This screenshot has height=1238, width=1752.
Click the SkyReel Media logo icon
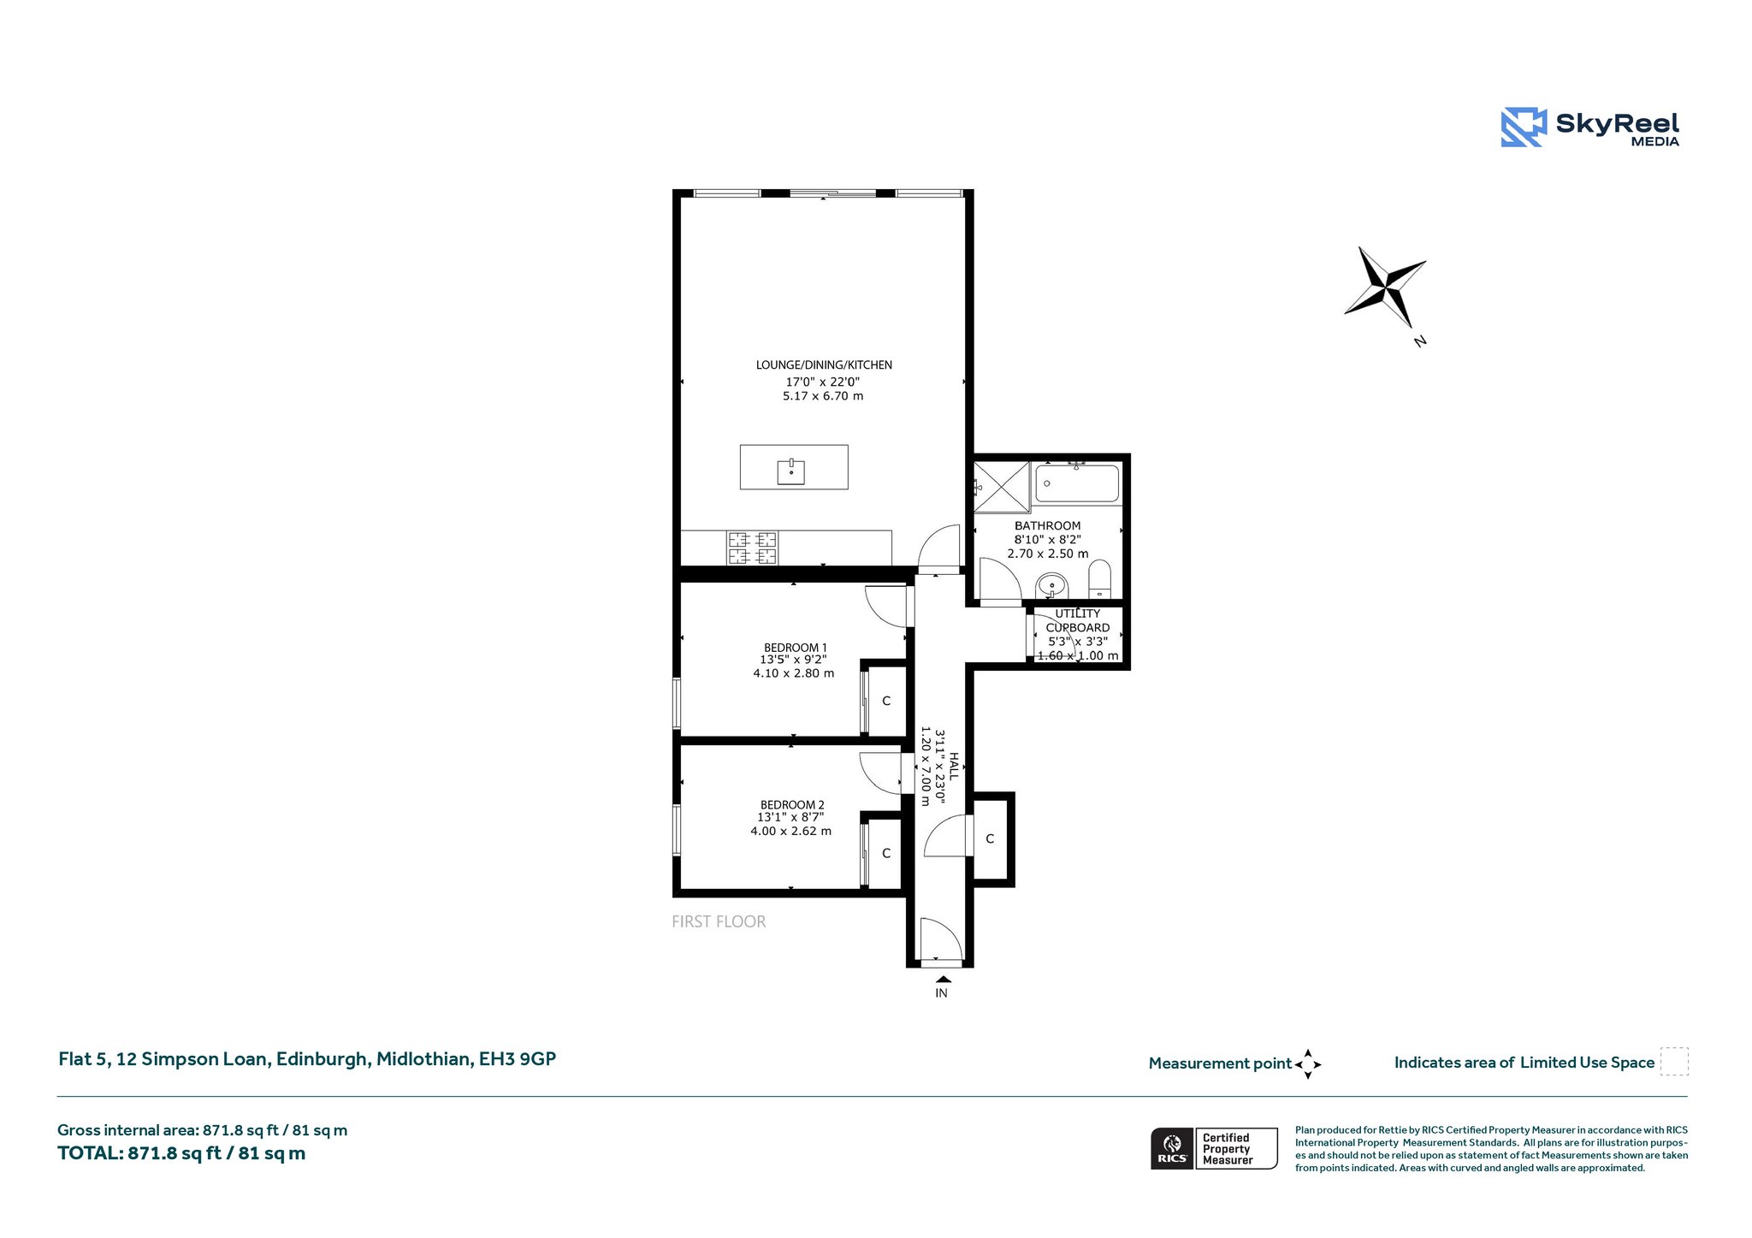pyautogui.click(x=1524, y=127)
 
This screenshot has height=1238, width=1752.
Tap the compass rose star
pyautogui.click(x=1386, y=286)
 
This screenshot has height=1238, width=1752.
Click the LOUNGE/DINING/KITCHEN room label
pyautogui.click(x=824, y=365)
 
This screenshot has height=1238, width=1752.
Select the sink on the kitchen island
pyautogui.click(x=791, y=471)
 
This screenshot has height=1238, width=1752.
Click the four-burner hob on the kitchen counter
pyautogui.click(x=753, y=548)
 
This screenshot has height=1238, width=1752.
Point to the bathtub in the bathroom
pyautogui.click(x=1077, y=483)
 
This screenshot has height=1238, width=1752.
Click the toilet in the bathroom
pyautogui.click(x=1100, y=580)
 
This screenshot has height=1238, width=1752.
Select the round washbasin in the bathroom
pyautogui.click(x=1051, y=587)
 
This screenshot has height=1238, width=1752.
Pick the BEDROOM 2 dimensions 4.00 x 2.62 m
pyautogui.click(x=791, y=831)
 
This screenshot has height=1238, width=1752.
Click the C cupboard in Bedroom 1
pyautogui.click(x=886, y=701)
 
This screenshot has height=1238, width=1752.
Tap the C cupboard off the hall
pyautogui.click(x=990, y=838)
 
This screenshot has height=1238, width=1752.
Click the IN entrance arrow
pyautogui.click(x=943, y=980)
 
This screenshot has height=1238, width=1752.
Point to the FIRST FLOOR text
pyautogui.click(x=719, y=921)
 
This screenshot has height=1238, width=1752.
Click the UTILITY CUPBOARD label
pyautogui.click(x=1078, y=620)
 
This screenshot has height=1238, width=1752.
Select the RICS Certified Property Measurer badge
pyautogui.click(x=1214, y=1148)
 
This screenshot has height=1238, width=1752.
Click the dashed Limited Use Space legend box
pyautogui.click(x=1674, y=1061)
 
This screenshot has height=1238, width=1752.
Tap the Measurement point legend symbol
pyautogui.click(x=1308, y=1064)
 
